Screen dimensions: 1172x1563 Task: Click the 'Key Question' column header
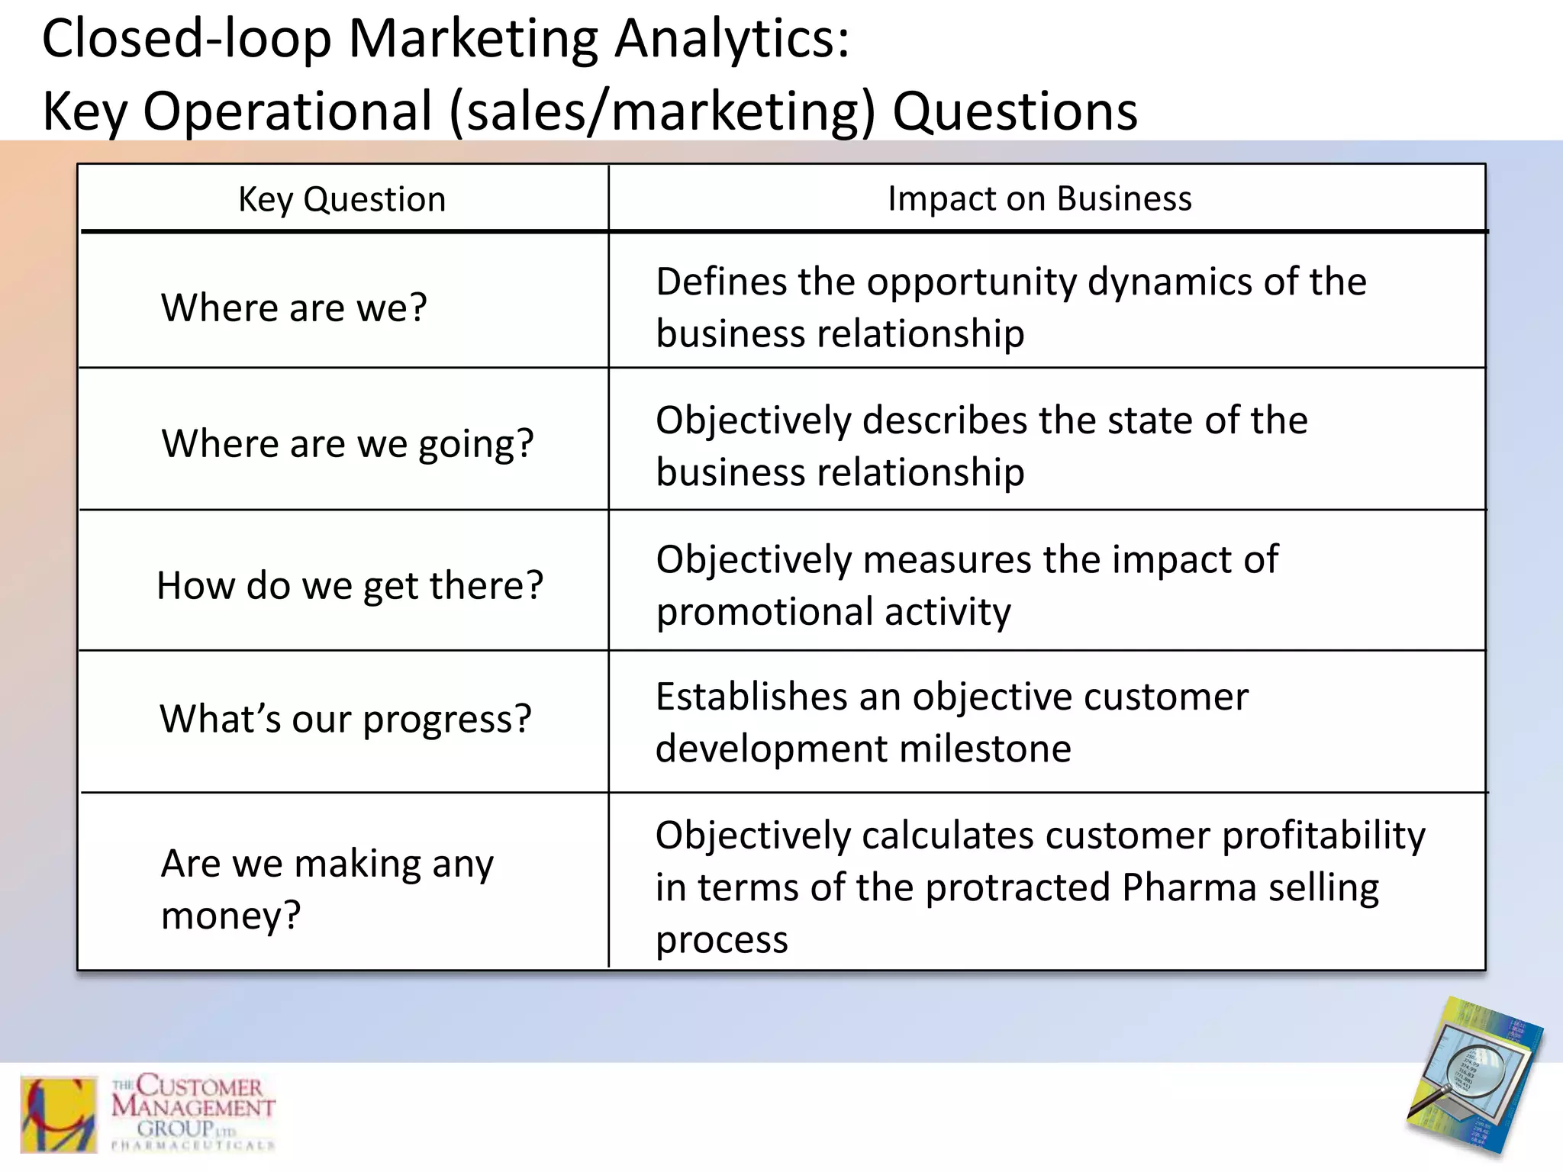pyautogui.click(x=342, y=200)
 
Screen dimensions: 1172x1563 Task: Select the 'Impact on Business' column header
pyautogui.click(x=1039, y=199)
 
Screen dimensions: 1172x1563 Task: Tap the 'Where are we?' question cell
pyautogui.click(x=294, y=307)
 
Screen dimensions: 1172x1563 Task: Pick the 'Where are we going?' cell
pyautogui.click(x=347, y=443)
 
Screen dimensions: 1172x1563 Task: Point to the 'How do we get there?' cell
pyautogui.click(x=350, y=585)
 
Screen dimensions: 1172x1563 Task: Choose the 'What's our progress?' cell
pyautogui.click(x=345, y=719)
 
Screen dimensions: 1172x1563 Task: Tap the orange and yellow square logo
pyautogui.click(x=59, y=1114)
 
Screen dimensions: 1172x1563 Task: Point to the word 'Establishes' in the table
pyautogui.click(x=752, y=697)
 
